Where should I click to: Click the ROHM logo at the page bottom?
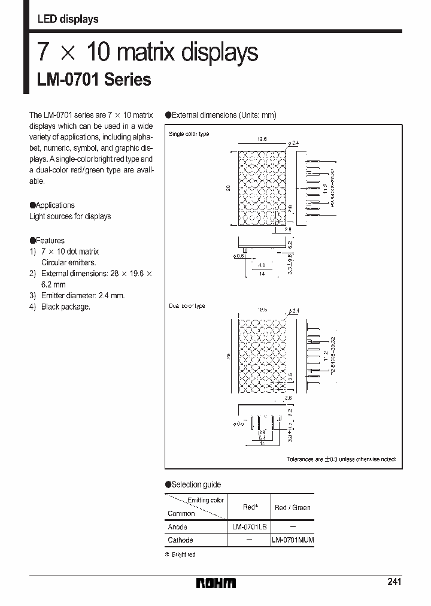(x=217, y=583)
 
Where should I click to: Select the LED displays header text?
(x=68, y=19)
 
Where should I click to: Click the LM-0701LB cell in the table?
(x=249, y=526)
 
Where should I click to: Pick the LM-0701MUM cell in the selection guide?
(x=293, y=540)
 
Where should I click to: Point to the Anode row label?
(x=177, y=527)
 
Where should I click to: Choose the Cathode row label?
(x=180, y=540)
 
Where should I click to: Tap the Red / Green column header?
(x=293, y=507)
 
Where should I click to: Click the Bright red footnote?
(x=180, y=555)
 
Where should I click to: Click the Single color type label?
(x=189, y=134)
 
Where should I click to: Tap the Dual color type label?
(x=187, y=306)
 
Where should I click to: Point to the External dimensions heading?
(x=221, y=116)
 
